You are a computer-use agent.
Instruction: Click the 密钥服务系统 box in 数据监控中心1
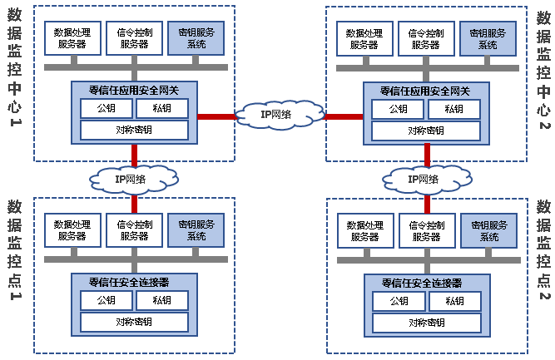(x=196, y=37)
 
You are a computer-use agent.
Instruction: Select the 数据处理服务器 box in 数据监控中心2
(x=364, y=38)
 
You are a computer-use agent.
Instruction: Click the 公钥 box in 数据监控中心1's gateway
(x=105, y=108)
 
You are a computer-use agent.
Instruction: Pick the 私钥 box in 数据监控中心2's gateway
(x=453, y=109)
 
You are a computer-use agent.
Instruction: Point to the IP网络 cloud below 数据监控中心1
(x=134, y=176)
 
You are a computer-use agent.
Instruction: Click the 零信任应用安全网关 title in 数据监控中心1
(x=134, y=90)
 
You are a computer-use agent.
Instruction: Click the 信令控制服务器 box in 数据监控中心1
(x=134, y=37)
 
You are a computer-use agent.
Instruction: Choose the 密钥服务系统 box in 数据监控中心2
(x=488, y=38)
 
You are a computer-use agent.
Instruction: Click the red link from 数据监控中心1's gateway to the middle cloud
(x=217, y=116)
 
